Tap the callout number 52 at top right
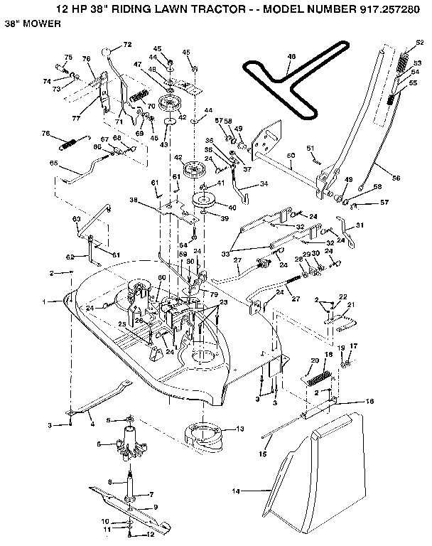(x=419, y=43)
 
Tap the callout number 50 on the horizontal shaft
(x=291, y=155)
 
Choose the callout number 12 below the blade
(x=151, y=533)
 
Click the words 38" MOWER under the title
(x=31, y=23)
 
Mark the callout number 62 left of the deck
(x=70, y=257)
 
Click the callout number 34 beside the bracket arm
(x=264, y=184)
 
